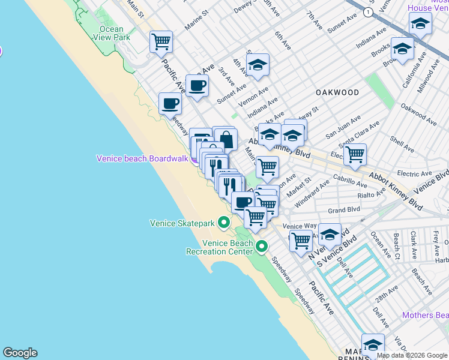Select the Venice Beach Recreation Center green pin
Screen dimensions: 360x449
pos(262,246)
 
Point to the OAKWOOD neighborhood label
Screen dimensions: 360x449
pos(338,92)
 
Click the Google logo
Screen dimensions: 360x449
pos(20,353)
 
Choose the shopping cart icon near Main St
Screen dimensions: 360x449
pos(161,42)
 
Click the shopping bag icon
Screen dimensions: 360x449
pos(226,139)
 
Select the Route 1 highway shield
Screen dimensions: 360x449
pos(368,12)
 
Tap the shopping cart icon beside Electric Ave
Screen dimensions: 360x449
pos(355,154)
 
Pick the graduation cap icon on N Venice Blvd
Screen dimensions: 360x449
pos(330,234)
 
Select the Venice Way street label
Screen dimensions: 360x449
pos(300,226)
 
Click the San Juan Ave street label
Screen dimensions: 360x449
pos(343,128)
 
